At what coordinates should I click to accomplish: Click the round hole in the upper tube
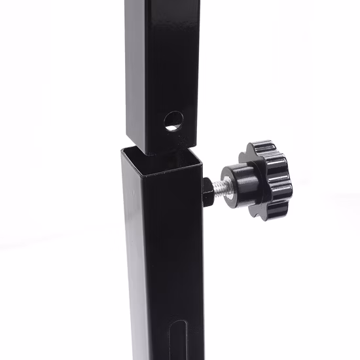click(173, 120)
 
